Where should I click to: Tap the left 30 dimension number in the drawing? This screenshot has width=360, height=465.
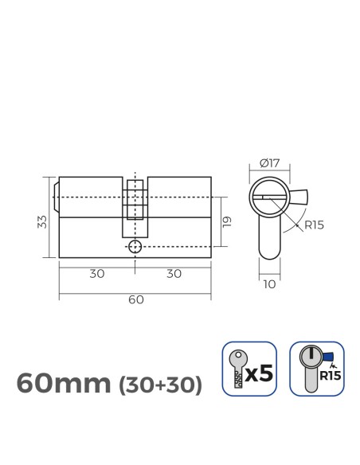pos(96,273)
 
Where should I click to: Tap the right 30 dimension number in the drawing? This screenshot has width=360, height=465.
pos(173,273)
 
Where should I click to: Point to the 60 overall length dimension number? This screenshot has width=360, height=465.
pos(135,299)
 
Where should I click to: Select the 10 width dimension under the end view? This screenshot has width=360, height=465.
pos(270,281)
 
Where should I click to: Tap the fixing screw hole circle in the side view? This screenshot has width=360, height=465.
pos(135,246)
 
